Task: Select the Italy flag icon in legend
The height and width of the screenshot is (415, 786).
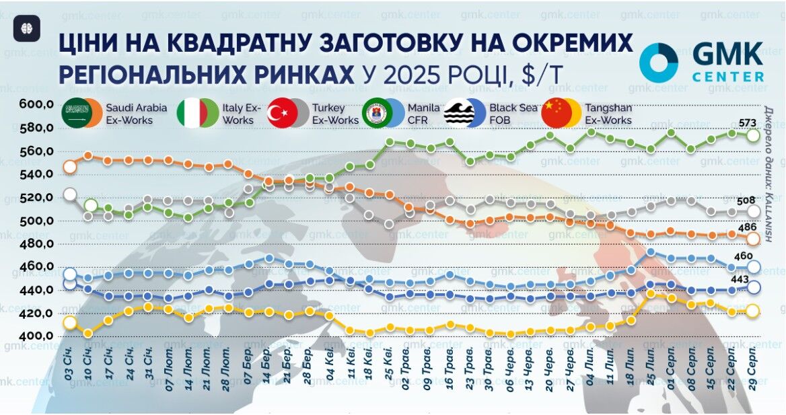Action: (x=191, y=114)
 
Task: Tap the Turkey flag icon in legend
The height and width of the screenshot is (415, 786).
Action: (x=282, y=114)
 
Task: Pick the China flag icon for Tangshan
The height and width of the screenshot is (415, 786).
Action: (x=556, y=114)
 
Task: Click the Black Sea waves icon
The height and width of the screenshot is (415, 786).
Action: (x=459, y=114)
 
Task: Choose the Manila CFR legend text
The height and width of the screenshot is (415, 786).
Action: (x=423, y=114)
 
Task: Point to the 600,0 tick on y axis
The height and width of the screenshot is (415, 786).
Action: (x=36, y=104)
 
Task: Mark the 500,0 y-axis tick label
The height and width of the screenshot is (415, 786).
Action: (x=36, y=221)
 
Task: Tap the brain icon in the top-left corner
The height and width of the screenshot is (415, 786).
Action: (x=27, y=28)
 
